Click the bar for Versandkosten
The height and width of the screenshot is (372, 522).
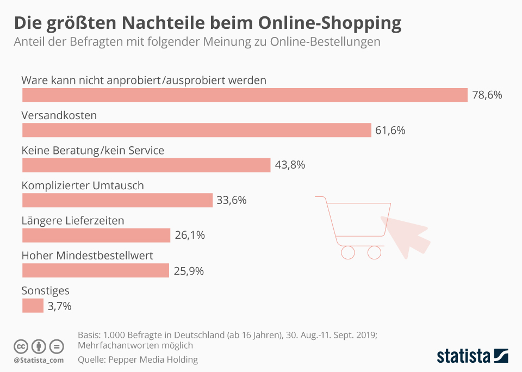click(x=196, y=130)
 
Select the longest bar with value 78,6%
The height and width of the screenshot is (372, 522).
click(x=245, y=95)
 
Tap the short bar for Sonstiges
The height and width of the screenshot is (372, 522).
click(x=33, y=306)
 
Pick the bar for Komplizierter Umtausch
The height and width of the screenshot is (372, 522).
click(x=117, y=200)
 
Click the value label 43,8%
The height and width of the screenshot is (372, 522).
click(x=290, y=165)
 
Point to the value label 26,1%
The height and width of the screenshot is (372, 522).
click(x=189, y=235)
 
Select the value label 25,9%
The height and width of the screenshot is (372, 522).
click(x=188, y=271)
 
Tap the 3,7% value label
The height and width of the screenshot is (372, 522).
click(x=59, y=306)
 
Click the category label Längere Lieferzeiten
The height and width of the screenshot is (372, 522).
click(x=73, y=221)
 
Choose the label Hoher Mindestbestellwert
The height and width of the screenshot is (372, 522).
click(x=87, y=256)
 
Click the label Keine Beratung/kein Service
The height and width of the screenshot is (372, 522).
click(x=92, y=151)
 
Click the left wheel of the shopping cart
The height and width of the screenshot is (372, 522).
click(x=347, y=252)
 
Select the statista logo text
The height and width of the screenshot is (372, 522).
click(x=463, y=356)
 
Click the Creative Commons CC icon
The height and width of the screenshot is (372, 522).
click(x=21, y=346)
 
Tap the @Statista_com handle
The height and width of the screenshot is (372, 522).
click(x=39, y=360)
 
